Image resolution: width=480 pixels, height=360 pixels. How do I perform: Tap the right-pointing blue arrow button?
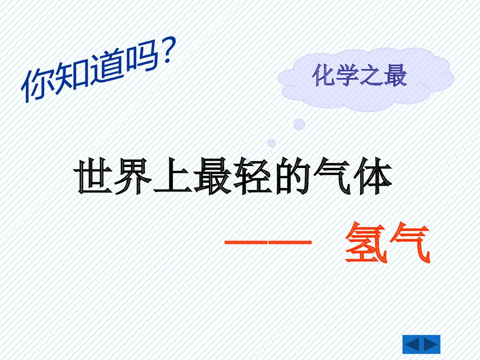(x=431, y=345)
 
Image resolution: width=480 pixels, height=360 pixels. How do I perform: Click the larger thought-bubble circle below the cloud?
(x=299, y=125)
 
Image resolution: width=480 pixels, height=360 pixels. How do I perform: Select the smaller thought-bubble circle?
(x=272, y=143)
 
